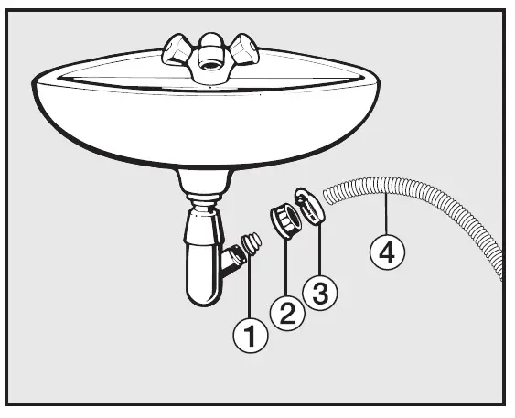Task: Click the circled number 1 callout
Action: click(251, 335)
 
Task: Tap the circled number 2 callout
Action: click(287, 313)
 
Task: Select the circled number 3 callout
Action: click(320, 292)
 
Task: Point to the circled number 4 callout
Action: click(387, 252)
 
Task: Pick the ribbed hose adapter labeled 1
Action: click(252, 243)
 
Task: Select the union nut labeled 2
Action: click(285, 220)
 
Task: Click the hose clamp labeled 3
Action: click(310, 208)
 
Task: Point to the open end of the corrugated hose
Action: click(328, 196)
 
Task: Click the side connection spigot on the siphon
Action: click(234, 257)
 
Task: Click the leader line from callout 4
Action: click(387, 214)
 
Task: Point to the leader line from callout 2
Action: click(286, 267)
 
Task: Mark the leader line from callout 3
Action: click(319, 249)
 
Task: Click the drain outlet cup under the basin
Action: click(205, 181)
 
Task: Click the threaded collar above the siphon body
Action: click(204, 200)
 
